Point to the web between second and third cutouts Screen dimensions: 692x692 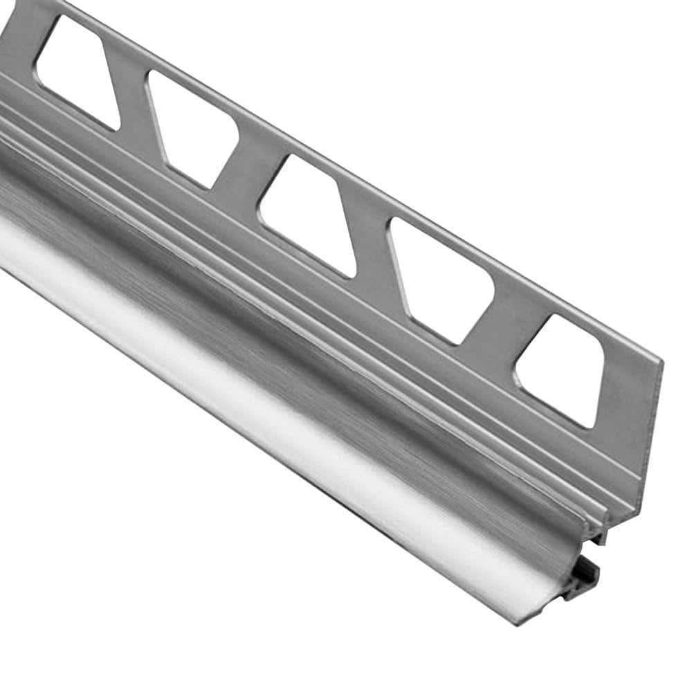(249, 163)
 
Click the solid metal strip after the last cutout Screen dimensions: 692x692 (626, 401)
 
